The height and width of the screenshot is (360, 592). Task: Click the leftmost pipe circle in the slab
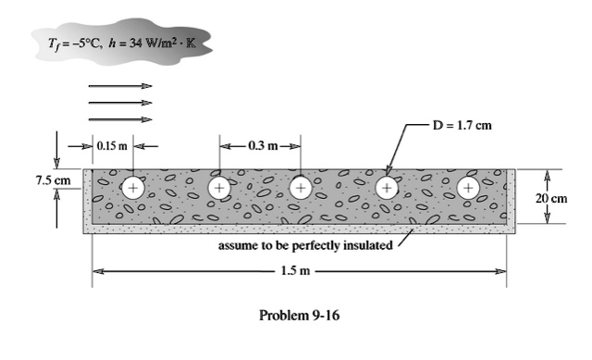[134, 188]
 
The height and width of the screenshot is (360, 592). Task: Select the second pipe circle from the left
[219, 188]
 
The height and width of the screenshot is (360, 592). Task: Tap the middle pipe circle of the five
[301, 188]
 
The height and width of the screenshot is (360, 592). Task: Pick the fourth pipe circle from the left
[386, 188]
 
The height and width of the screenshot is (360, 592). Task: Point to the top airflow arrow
[120, 85]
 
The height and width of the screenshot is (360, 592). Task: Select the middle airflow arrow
[120, 102]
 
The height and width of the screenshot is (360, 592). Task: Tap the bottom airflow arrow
[120, 119]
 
